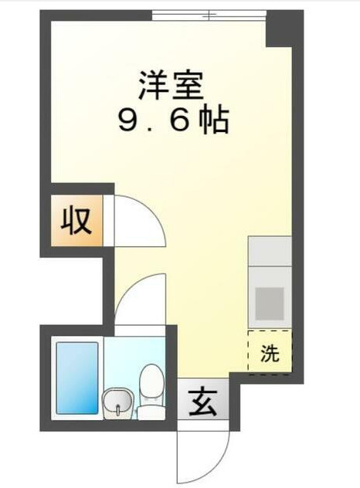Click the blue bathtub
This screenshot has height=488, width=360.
tap(76, 378)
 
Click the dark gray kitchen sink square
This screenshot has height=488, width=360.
tap(270, 302)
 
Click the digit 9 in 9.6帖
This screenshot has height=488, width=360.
tap(124, 120)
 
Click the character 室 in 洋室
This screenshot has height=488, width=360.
tap(189, 86)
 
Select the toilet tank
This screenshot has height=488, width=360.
tap(151, 378)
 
